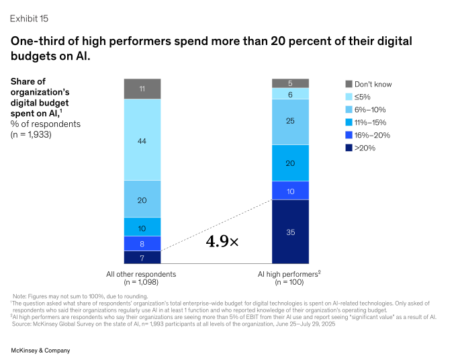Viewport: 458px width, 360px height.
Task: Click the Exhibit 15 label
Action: [30, 18]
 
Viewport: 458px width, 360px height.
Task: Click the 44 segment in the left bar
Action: [142, 139]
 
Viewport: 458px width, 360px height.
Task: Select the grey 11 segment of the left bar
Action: [142, 89]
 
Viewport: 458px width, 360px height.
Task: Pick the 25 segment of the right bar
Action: [290, 122]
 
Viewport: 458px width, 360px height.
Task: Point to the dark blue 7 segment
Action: [142, 257]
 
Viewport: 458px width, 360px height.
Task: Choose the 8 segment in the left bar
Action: [142, 243]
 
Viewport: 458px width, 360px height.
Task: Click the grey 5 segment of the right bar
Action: [290, 83]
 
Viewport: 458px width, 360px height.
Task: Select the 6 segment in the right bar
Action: [290, 94]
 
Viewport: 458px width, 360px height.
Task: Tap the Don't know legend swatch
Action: [349, 84]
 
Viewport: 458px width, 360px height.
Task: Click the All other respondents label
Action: [142, 274]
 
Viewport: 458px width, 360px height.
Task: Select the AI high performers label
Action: [289, 274]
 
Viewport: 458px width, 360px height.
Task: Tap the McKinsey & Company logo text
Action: [40, 351]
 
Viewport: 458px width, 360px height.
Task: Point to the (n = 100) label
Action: [289, 283]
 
